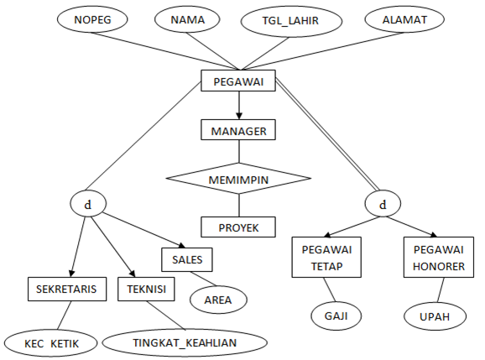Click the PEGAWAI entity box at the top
239,81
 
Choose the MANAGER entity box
239,130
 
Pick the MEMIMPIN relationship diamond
239,178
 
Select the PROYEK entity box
239,227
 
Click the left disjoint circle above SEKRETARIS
87,203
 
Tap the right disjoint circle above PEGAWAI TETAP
383,203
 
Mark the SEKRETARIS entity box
66,290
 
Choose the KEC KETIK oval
46,342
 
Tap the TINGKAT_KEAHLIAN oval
185,342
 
